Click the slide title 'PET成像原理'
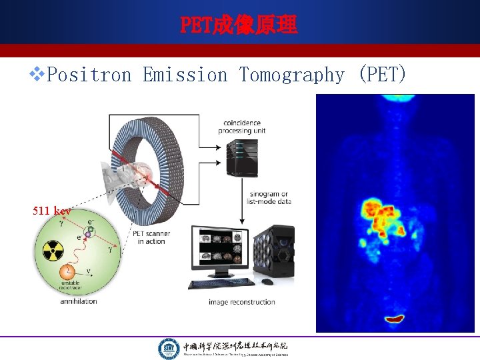coord(239,25)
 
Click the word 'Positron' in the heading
coord(90,75)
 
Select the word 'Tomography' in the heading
coord(291,75)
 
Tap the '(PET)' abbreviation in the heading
coord(381,75)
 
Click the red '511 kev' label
coord(52,211)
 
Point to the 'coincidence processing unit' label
coord(241,126)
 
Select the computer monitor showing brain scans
coord(219,249)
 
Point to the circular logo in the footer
coord(168,348)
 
